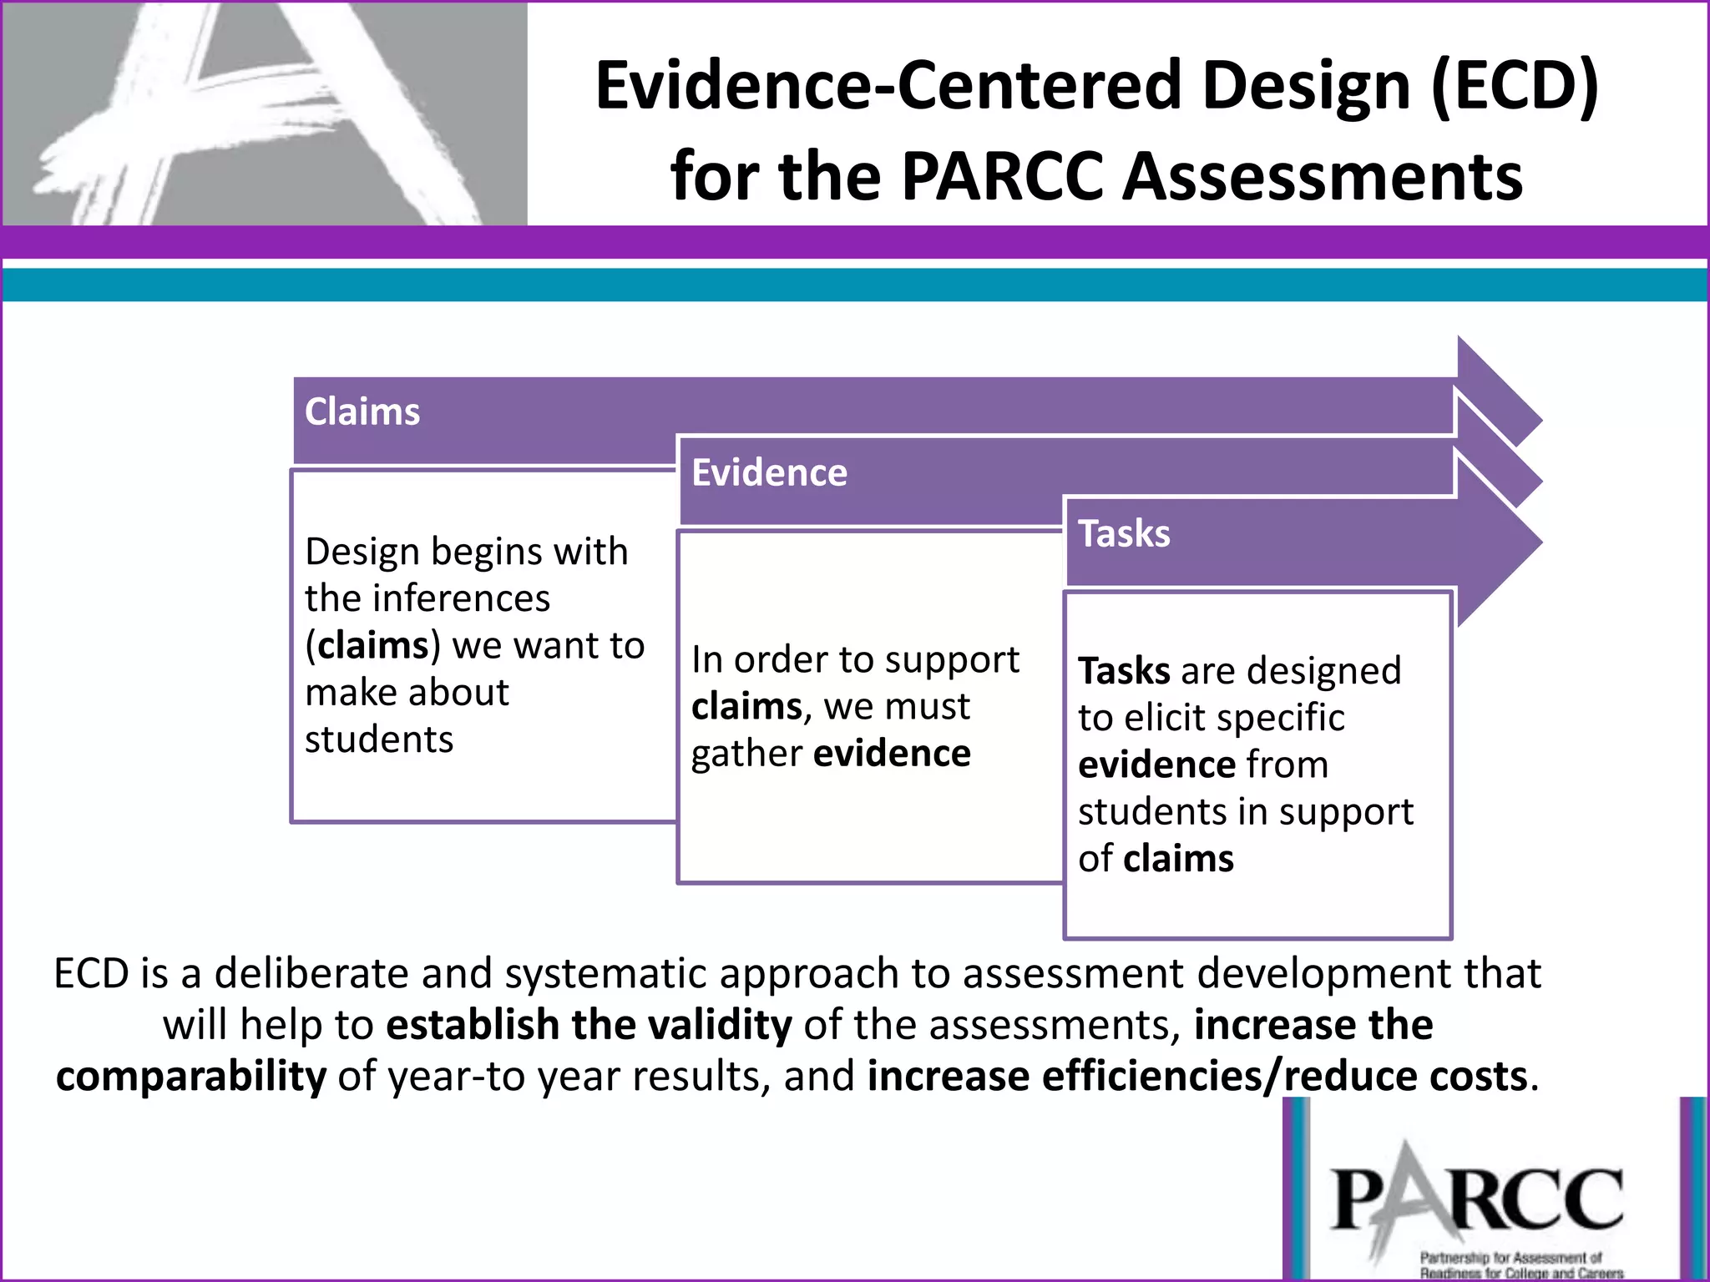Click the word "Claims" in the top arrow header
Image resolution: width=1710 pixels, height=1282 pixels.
point(362,411)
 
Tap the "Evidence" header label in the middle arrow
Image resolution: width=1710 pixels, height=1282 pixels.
point(769,472)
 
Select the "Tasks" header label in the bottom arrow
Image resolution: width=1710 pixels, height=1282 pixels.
point(1124,533)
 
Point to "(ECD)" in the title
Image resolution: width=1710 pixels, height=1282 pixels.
point(1515,85)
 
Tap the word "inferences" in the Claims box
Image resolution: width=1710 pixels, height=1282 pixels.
point(461,598)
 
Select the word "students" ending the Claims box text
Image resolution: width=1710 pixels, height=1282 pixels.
point(379,739)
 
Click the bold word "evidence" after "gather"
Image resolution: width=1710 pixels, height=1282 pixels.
point(893,754)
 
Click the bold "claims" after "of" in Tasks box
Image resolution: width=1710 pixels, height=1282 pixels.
point(1179,859)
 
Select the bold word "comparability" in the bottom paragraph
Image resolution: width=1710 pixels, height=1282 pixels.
point(191,1077)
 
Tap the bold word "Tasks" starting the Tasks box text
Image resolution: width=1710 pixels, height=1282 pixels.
point(1124,671)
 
